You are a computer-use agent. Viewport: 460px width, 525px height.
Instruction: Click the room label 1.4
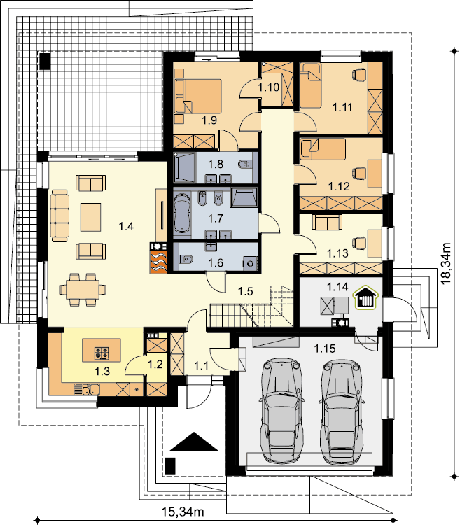126,227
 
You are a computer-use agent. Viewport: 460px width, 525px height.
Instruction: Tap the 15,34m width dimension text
183,512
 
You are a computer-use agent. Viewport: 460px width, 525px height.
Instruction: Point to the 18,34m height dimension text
445,263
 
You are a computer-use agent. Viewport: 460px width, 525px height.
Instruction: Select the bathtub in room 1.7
182,213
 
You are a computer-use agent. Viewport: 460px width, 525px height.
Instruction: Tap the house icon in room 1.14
366,297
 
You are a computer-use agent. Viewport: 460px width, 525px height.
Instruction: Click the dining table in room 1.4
83,290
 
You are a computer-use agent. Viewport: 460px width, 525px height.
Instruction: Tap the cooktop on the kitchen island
102,353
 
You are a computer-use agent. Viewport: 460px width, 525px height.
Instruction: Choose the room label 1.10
268,87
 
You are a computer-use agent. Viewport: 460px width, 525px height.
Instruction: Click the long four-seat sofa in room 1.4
60,216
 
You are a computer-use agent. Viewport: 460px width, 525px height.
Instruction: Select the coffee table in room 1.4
90,217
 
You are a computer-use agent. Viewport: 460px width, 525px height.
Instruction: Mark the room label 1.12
339,186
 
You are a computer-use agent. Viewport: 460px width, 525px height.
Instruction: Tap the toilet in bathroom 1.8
245,164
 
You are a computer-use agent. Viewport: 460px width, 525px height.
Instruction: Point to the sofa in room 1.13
327,222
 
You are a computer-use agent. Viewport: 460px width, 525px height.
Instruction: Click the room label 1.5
245,292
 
